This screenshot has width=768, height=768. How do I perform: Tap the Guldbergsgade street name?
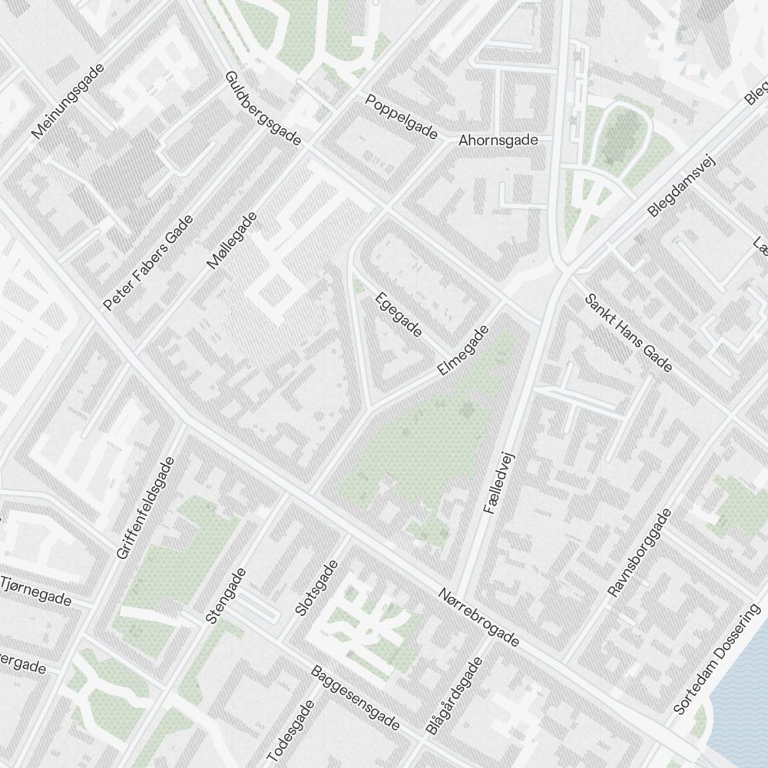(263, 109)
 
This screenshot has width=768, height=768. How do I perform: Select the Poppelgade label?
(401, 118)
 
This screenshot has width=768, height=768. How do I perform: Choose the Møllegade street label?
(232, 240)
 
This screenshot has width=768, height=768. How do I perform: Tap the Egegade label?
(399, 315)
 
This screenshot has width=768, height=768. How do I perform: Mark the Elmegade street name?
(463, 351)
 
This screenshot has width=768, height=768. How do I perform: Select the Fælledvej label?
(497, 483)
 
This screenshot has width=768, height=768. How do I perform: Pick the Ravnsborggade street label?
(639, 552)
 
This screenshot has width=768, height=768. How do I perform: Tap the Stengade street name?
(225, 595)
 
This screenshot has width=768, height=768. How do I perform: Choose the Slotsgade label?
(316, 589)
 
